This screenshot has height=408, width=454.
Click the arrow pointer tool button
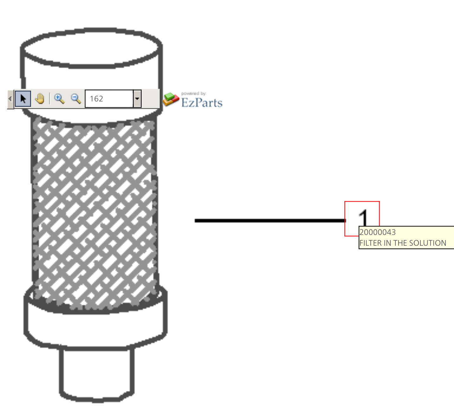pos(23,99)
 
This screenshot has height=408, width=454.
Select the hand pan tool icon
pos(40,99)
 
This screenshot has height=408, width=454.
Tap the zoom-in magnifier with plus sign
pos(59,99)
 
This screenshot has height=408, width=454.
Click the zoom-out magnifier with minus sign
pos(76,99)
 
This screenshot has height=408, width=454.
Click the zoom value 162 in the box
pos(96,99)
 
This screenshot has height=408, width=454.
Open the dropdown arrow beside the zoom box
pos(137,99)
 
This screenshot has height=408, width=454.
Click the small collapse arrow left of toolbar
pos(10,99)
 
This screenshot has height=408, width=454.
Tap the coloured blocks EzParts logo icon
pos(171,99)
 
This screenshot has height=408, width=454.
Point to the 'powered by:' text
pos(194,94)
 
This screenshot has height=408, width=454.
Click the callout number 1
pos(363,218)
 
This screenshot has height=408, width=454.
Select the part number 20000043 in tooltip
pos(378,232)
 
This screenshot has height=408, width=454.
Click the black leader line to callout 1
pos(270,221)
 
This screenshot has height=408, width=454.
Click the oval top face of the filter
pos(92,48)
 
